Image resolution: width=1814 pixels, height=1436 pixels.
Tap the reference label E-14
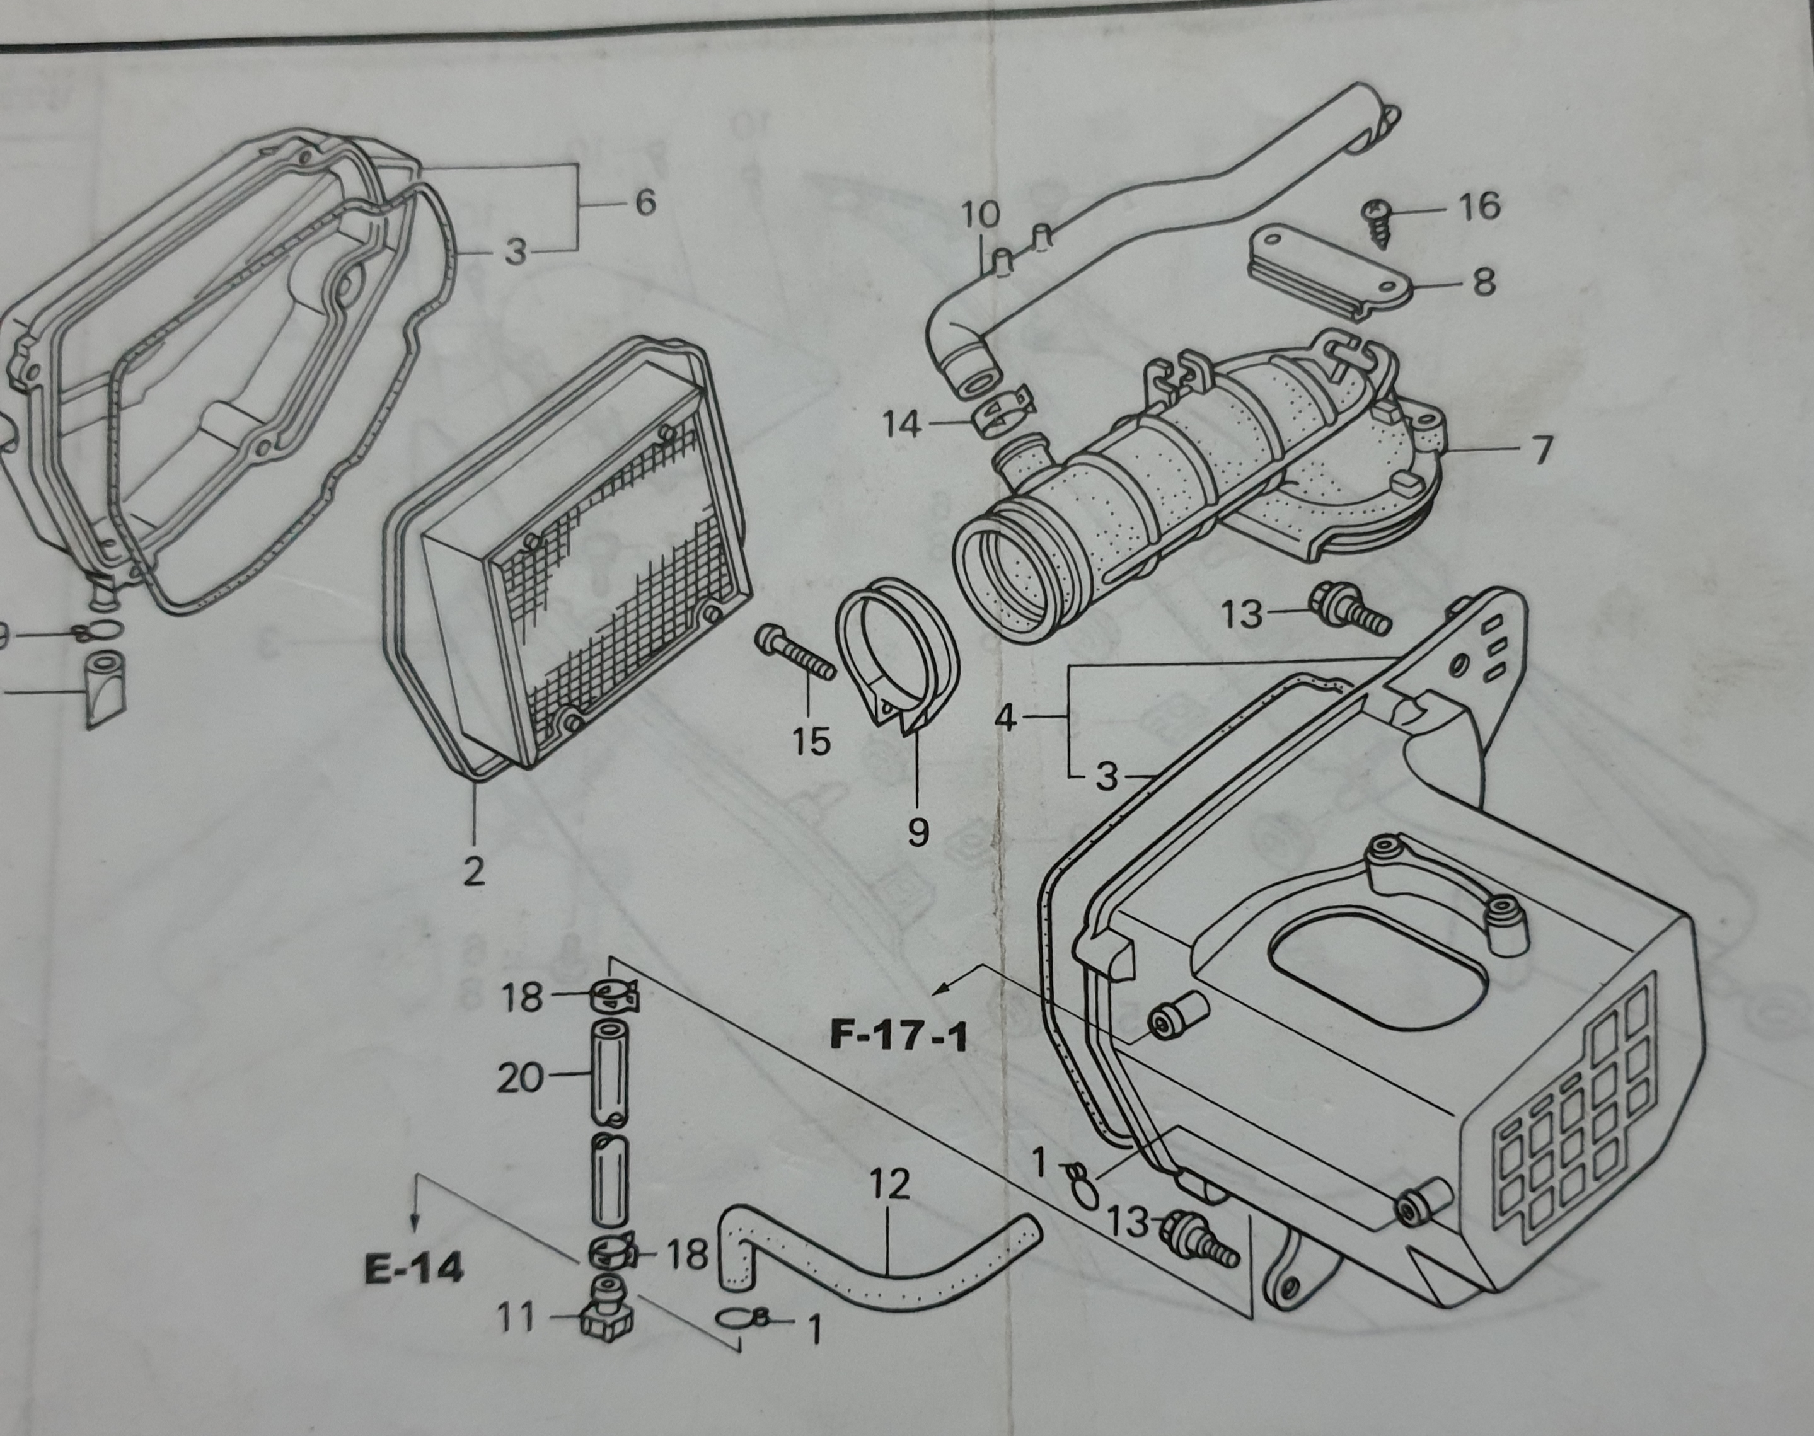pos(413,1268)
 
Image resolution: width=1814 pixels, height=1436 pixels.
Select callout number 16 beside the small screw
pos(1479,205)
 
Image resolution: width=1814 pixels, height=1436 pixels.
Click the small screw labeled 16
pos(1384,221)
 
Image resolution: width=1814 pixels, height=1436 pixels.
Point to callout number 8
pos(1484,282)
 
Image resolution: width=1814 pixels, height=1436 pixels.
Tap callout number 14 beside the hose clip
pos(903,425)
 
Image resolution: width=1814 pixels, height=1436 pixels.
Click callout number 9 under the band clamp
pos(918,832)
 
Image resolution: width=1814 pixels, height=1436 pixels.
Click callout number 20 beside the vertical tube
pos(521,1079)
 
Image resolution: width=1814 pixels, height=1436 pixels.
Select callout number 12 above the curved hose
pos(889,1185)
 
